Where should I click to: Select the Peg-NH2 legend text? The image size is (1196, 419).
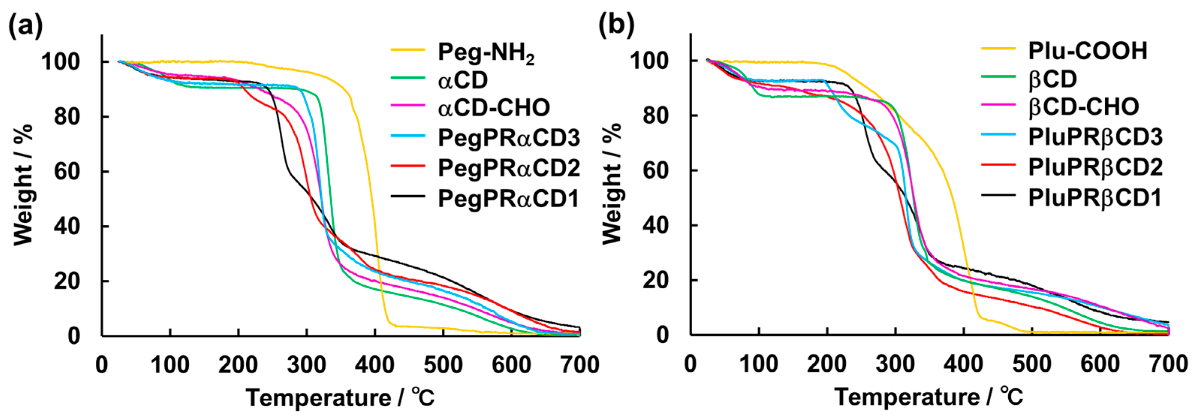[486, 53]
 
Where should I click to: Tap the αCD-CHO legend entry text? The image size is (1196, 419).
[494, 108]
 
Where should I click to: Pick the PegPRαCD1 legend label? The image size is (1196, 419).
[508, 199]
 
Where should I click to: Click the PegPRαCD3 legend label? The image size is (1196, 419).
[508, 137]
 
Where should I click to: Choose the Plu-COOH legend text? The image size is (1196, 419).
[1088, 51]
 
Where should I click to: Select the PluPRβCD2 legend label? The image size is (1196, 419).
[1095, 167]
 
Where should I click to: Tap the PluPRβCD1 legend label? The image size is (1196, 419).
[1094, 198]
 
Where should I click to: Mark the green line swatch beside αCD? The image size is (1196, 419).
[408, 78]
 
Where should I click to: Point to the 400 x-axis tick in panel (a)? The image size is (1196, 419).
[374, 365]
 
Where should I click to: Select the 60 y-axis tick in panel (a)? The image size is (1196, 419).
[67, 172]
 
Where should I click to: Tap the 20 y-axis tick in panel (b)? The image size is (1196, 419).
[655, 280]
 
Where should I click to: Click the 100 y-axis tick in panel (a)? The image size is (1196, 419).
[60, 62]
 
